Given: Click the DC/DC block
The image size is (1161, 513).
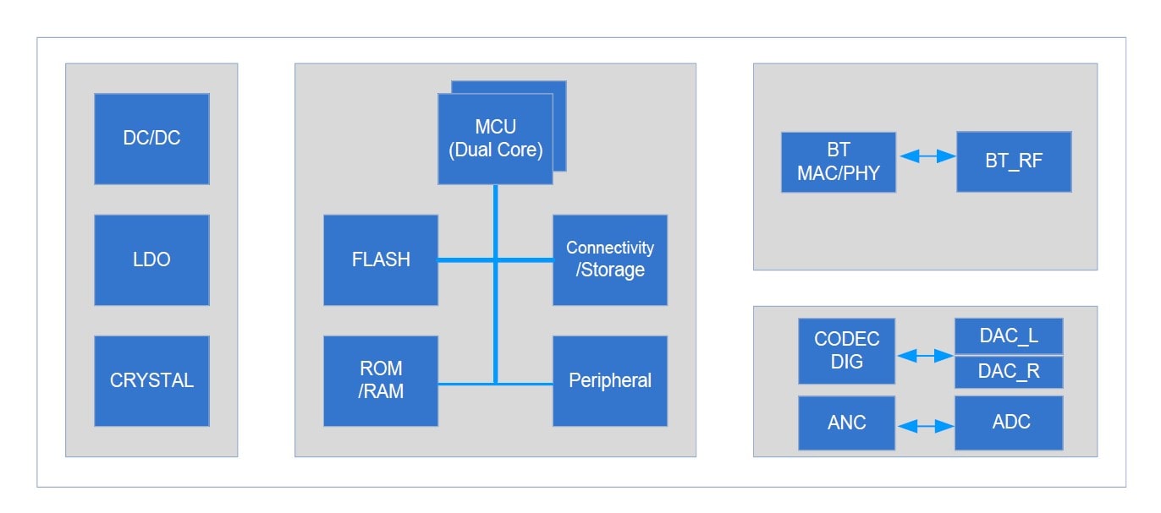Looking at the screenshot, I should (151, 139).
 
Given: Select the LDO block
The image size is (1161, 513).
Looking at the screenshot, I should (151, 259).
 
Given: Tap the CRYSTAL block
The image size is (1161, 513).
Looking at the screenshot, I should (151, 380).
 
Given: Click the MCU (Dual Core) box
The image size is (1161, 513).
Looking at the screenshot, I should (495, 139).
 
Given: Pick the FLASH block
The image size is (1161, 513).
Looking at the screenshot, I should (381, 259).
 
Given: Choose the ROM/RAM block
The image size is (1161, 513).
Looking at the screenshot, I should (381, 380).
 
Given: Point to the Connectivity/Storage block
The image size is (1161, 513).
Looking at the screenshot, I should (610, 259).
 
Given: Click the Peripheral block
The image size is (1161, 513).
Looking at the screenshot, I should (610, 380).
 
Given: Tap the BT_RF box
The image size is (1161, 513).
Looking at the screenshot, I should (1014, 161).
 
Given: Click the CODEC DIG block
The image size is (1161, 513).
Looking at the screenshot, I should (847, 351).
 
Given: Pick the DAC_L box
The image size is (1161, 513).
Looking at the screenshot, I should (1009, 336).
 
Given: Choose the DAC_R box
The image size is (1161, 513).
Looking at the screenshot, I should (1009, 372).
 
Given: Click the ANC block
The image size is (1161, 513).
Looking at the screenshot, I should (847, 423).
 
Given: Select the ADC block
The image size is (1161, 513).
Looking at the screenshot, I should (1009, 423).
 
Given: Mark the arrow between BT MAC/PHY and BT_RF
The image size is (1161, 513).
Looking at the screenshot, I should (927, 157).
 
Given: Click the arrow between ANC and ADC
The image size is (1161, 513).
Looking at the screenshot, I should (925, 428).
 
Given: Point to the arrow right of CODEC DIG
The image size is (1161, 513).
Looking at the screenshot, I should (925, 357).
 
